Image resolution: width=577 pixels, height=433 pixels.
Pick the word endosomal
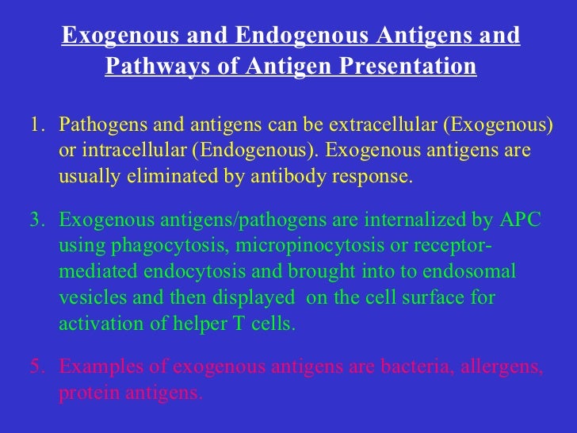coord(474,272)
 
